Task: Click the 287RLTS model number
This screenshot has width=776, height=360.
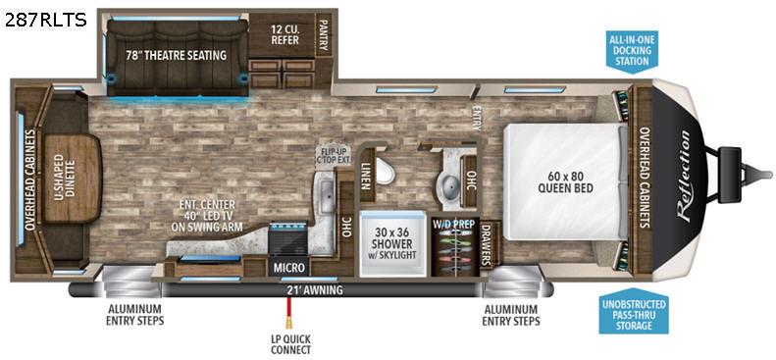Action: click(x=46, y=20)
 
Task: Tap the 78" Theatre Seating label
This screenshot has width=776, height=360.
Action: click(x=176, y=55)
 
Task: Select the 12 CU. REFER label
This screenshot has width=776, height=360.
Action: click(x=285, y=34)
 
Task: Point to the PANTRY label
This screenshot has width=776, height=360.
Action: click(x=324, y=35)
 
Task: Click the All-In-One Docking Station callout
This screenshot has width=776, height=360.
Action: click(x=633, y=52)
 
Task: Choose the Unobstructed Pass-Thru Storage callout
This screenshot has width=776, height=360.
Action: click(x=634, y=311)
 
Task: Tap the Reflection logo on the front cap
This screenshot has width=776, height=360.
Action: click(x=684, y=177)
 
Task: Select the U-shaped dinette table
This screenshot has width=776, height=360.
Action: click(x=73, y=178)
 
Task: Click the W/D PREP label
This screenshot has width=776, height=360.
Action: click(x=454, y=224)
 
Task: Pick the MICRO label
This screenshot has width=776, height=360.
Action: click(x=289, y=268)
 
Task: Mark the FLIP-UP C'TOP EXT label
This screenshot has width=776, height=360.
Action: click(x=335, y=154)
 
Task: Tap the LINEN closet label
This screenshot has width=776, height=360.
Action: click(x=366, y=177)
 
